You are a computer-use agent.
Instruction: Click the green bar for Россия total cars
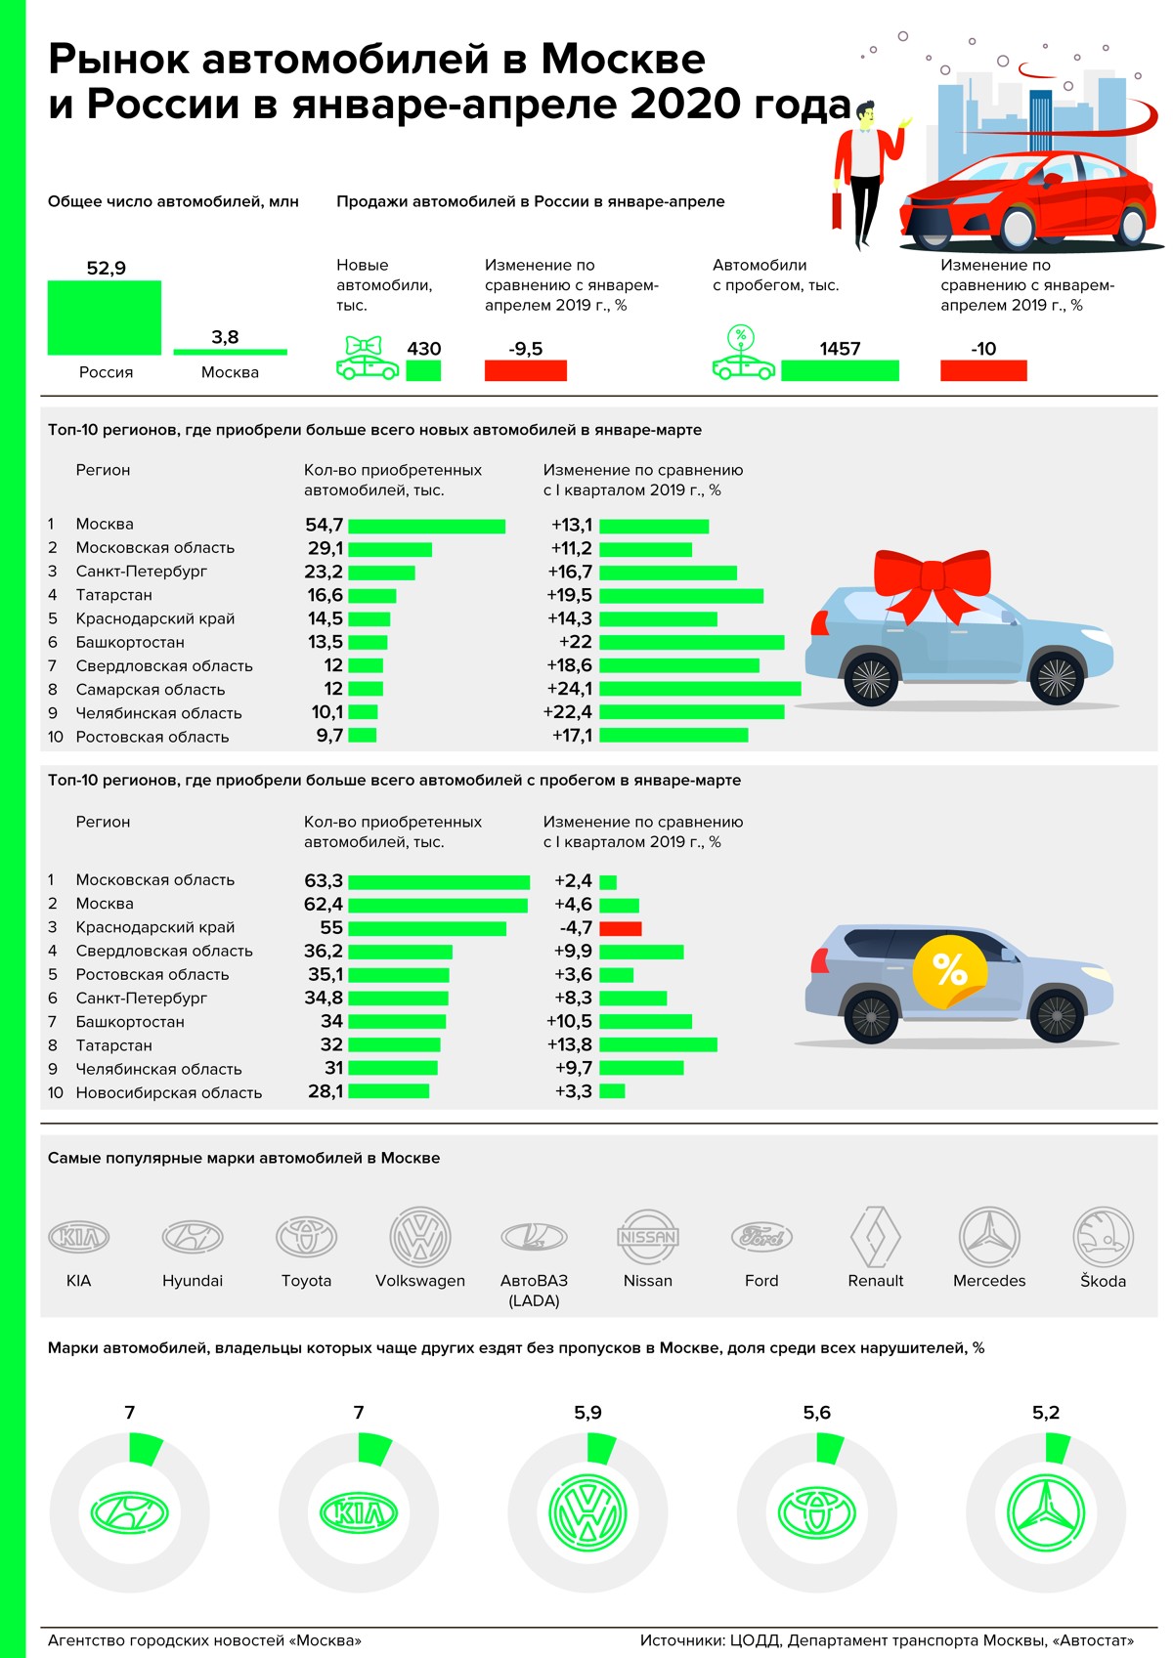[105, 318]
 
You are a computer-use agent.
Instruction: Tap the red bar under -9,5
[525, 370]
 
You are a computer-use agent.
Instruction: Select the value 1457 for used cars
[840, 349]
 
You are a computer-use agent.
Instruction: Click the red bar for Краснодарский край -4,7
[620, 928]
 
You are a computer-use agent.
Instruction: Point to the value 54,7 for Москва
[324, 526]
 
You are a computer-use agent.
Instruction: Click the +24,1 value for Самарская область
[569, 689]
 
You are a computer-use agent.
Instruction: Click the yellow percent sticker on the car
[948, 970]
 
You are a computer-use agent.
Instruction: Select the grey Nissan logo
[647, 1237]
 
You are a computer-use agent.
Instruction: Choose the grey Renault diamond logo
[875, 1236]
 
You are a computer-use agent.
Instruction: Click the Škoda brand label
[1103, 1281]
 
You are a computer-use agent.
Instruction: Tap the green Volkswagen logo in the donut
[587, 1513]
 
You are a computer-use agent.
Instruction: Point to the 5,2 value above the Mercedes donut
[1045, 1413]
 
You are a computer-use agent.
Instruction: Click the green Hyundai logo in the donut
[129, 1513]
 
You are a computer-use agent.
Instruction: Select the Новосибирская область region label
[169, 1092]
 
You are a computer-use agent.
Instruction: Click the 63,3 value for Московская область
[324, 880]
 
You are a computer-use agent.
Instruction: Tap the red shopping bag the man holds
[837, 209]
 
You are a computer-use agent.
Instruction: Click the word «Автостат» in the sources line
[1091, 1640]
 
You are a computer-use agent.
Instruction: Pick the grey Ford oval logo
[761, 1237]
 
